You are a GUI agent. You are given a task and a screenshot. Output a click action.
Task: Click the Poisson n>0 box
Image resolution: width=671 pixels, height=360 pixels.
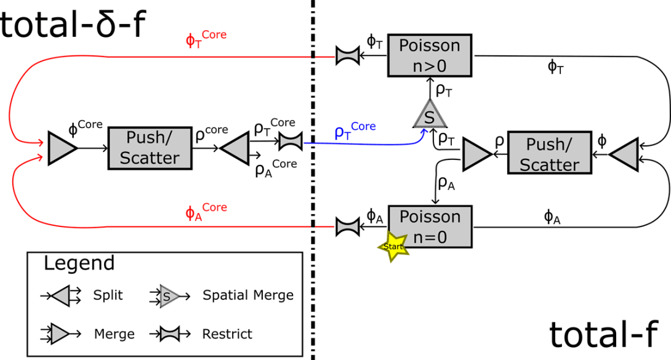pos(429,55)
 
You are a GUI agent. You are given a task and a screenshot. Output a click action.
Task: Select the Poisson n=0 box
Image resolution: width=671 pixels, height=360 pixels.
pos(430,226)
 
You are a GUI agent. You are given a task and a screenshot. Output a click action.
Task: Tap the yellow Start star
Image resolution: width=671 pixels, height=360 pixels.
pos(393,247)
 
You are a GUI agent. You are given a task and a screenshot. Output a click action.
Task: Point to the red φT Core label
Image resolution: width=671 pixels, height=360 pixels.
pos(206,39)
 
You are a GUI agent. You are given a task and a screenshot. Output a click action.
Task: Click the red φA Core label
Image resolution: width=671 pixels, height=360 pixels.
pos(206,211)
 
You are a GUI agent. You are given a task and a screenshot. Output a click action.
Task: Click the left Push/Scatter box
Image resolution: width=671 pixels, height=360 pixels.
pos(150,148)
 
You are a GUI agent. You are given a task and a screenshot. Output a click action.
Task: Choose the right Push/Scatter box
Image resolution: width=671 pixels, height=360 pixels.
pos(549,154)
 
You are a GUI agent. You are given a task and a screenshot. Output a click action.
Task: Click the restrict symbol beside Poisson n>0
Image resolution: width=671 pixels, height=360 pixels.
pos(347,56)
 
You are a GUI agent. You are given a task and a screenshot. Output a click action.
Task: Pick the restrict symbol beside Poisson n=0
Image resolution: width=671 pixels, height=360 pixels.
pos(347,227)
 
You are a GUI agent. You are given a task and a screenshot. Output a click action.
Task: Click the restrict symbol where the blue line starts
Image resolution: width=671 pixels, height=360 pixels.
pos(290,142)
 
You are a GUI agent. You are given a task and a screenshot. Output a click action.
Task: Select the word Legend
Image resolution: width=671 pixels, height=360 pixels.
pos(79,263)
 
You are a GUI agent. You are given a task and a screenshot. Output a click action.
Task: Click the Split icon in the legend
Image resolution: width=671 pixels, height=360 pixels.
pos(61,296)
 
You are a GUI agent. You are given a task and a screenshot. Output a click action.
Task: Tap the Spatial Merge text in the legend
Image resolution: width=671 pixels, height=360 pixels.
pos(247,295)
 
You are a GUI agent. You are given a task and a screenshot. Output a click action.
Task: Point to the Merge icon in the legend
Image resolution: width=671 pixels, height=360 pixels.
pos(61,334)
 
